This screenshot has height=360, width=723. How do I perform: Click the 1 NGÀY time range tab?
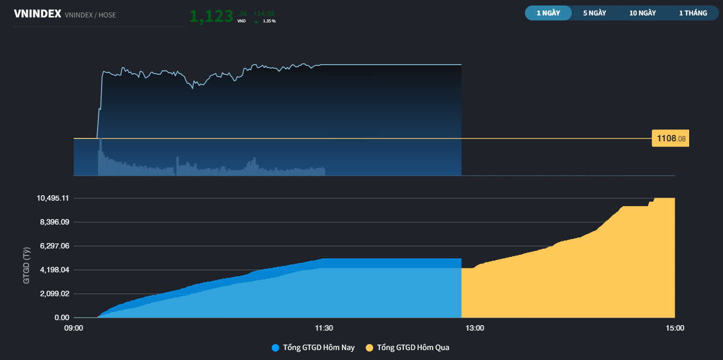point(548,13)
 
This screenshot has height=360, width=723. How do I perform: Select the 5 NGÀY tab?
point(595,13)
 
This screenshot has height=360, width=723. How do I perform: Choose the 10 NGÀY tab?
point(642,13)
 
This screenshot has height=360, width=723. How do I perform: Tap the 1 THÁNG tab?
point(693,13)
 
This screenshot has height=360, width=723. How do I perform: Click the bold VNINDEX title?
point(37,14)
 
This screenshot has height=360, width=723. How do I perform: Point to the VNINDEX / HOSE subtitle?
point(90,15)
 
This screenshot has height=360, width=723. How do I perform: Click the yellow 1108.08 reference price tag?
point(670,138)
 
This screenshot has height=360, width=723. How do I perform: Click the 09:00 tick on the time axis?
point(74,328)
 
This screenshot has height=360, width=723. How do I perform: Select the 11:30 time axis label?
point(324,328)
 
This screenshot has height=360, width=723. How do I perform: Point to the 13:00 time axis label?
point(475,328)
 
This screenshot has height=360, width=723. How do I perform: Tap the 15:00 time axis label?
point(675,328)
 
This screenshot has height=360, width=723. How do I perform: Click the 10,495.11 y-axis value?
point(53,198)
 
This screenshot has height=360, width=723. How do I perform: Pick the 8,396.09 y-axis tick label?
point(55,222)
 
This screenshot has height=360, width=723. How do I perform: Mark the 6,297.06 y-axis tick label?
point(55,246)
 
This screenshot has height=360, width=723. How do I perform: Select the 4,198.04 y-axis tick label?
point(55,270)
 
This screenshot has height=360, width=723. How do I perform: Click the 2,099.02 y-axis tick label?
point(55,294)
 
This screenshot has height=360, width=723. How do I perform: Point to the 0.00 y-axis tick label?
point(62,318)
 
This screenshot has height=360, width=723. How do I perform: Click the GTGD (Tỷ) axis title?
point(26,265)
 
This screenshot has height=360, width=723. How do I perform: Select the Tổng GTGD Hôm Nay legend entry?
point(313,348)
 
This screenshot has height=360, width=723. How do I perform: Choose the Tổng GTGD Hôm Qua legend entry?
point(408,348)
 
